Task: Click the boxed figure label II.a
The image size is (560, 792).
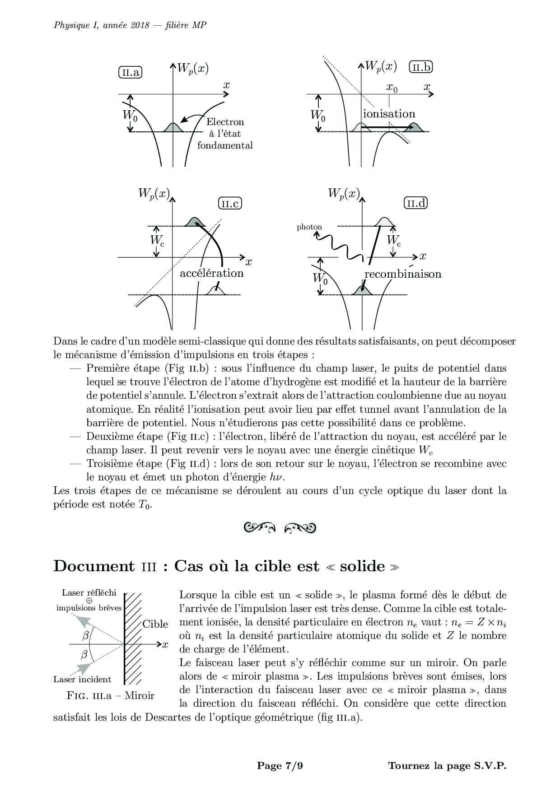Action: point(130,72)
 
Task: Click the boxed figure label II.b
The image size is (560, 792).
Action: point(420,67)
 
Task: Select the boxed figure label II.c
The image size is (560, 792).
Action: point(230,204)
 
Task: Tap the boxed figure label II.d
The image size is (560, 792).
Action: point(415,203)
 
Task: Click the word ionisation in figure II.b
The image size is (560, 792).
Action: point(389,114)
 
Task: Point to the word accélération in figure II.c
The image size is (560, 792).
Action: point(211,273)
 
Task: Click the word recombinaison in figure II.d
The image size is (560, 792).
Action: point(403,274)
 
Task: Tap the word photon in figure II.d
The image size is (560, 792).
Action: point(309,227)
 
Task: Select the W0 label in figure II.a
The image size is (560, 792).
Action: point(130,116)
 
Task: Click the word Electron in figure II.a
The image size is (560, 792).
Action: point(225,122)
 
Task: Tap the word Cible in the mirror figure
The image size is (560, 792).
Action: point(155,624)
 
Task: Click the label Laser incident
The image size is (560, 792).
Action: point(82,679)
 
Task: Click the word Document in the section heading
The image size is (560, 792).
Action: point(94,566)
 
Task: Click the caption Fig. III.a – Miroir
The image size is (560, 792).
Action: point(110,695)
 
